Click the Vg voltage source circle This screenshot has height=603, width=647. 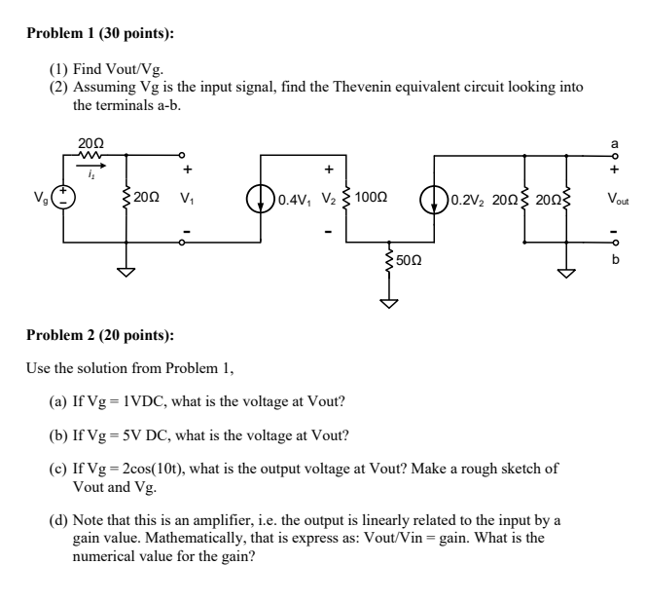(x=65, y=198)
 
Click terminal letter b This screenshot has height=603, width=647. (x=614, y=261)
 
